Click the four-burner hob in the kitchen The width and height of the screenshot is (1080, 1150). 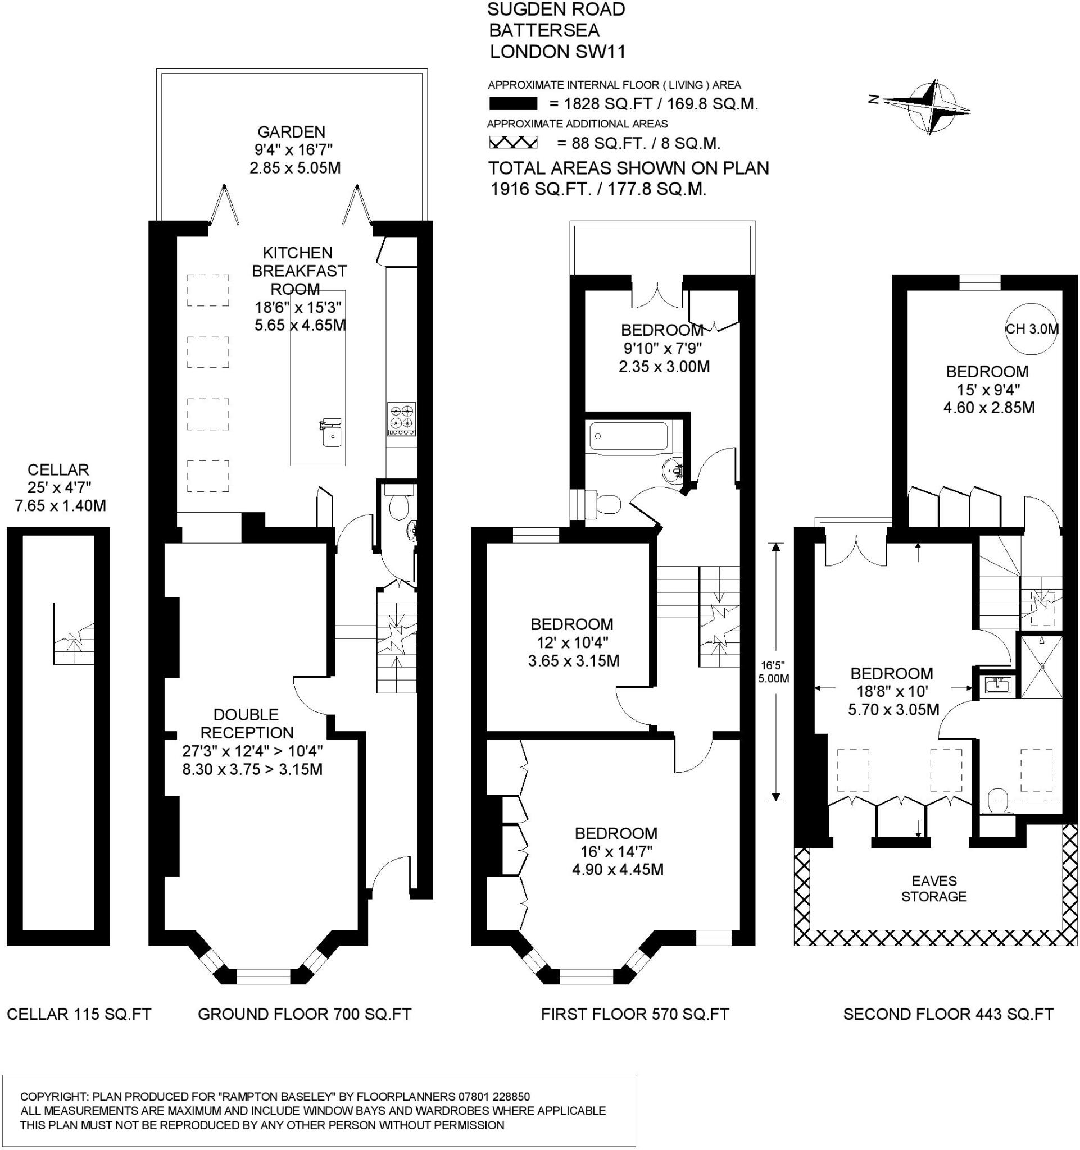click(x=402, y=419)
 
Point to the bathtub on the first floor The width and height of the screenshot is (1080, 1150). click(x=628, y=436)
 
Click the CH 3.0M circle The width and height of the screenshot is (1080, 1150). click(x=1031, y=328)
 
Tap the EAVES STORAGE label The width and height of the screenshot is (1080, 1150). click(x=933, y=888)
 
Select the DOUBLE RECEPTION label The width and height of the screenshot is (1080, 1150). click(x=247, y=723)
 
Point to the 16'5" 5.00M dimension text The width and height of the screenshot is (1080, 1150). click(x=773, y=672)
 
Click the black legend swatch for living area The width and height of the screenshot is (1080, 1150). click(x=513, y=104)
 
